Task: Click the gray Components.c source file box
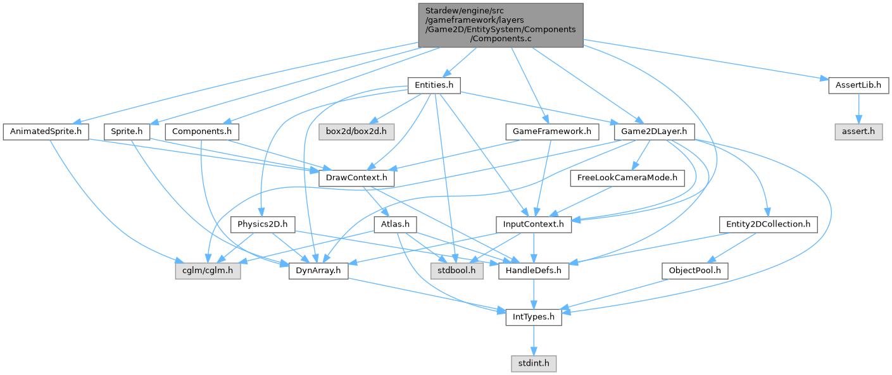(500, 25)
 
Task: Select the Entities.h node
(434, 85)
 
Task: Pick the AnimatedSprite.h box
(46, 132)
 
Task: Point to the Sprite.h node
(127, 132)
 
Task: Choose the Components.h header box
(202, 132)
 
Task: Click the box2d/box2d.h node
(356, 132)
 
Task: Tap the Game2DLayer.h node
(655, 132)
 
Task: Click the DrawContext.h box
(356, 179)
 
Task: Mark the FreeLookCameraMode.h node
(627, 179)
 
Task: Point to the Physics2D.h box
(263, 224)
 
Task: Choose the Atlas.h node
(394, 224)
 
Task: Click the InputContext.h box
(534, 224)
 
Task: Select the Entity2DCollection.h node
(768, 224)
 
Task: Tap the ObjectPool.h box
(694, 271)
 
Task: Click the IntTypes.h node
(534, 317)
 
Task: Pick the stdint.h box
(534, 364)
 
